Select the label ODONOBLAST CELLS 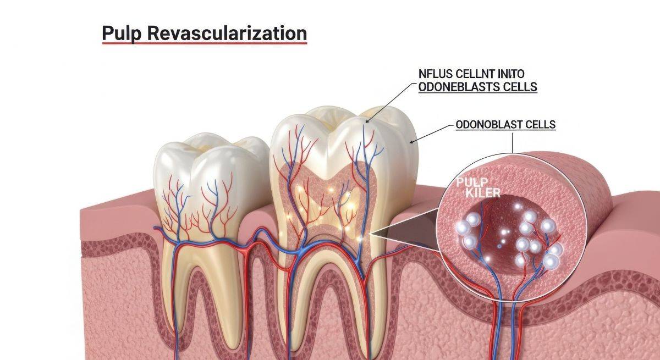click(506, 125)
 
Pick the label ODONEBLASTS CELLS click(477, 87)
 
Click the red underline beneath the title click(204, 43)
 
